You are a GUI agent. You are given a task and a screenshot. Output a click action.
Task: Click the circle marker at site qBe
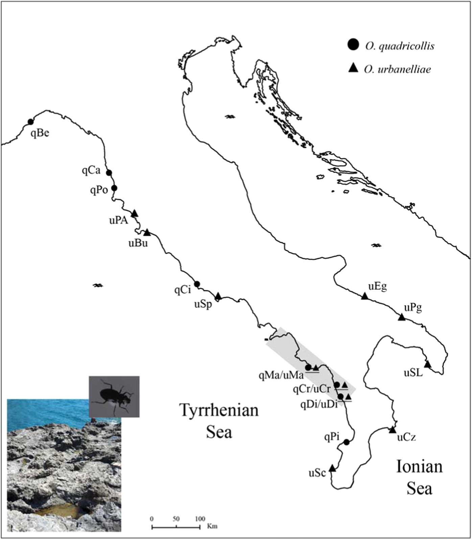coord(31,122)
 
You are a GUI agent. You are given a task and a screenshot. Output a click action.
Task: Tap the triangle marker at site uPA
coord(135,213)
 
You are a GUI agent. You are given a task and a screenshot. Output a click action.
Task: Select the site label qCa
coord(91,170)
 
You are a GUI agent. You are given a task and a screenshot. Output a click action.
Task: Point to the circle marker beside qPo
coord(114,188)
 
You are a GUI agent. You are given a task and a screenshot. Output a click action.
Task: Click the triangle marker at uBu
coord(147,233)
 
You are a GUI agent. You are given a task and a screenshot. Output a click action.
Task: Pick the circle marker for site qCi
coord(197,284)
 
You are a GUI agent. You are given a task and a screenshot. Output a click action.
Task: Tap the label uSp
coord(203,304)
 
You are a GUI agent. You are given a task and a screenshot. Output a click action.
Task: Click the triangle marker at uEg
coord(364,296)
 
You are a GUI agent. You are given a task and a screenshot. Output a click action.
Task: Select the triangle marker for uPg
coord(401,317)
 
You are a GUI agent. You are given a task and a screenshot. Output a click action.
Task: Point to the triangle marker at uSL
coord(428,365)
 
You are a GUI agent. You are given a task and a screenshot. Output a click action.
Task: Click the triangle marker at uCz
coord(392,430)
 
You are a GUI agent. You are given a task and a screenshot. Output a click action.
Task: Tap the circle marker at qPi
coord(346,442)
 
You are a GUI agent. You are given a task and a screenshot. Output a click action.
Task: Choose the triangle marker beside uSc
coord(332,468)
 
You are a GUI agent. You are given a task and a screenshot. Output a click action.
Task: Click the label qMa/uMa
coord(281,376)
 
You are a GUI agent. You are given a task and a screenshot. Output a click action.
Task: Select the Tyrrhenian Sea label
coord(219,421)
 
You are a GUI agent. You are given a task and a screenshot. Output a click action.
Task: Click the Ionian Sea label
coord(419,477)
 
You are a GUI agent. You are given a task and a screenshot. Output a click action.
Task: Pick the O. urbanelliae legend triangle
coord(353,68)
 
